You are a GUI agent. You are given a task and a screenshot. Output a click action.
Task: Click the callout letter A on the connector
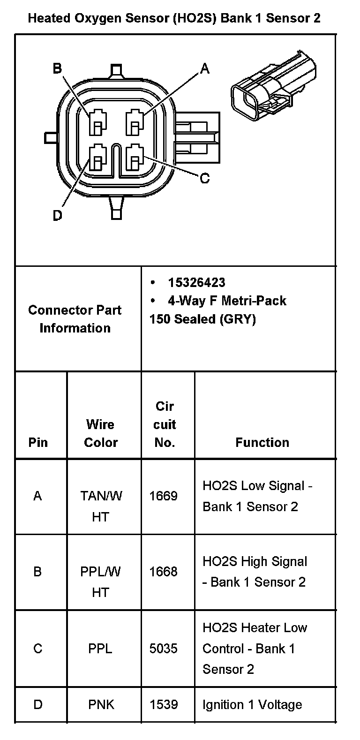[205, 69]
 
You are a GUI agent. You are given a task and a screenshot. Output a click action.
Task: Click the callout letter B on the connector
[57, 69]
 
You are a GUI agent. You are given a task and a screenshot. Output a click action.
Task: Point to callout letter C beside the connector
[205, 178]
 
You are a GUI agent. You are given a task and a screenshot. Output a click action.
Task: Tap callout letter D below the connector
[57, 215]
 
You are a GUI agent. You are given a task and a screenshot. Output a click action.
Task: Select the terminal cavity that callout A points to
[135, 121]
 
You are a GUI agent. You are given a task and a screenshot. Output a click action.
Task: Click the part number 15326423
[196, 282]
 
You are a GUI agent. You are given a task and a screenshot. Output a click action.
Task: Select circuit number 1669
[163, 496]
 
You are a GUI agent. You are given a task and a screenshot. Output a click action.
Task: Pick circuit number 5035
[163, 649]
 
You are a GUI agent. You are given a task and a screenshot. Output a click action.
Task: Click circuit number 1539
[163, 704]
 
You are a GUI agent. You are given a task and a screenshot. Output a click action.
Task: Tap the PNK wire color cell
[101, 704]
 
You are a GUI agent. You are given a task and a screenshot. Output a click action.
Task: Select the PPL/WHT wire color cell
[100, 582]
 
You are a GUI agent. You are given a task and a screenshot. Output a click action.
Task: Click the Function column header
[262, 442]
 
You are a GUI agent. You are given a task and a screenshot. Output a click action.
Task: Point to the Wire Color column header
[100, 433]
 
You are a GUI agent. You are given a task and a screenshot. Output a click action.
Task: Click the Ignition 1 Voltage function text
[252, 704]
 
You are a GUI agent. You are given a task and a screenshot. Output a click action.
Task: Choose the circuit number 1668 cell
[163, 572]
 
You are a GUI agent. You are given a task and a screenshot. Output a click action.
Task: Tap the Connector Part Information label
[75, 319]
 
